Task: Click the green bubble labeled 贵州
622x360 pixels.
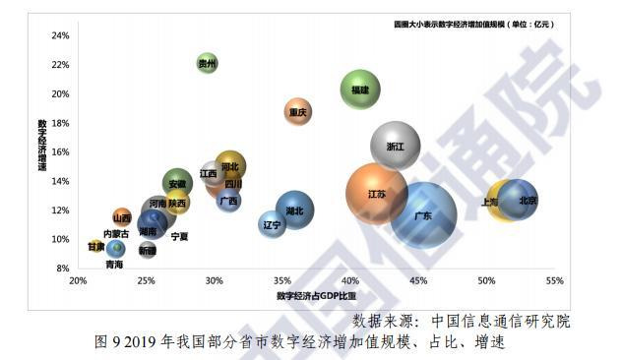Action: tap(207, 64)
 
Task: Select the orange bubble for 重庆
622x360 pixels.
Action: tap(298, 112)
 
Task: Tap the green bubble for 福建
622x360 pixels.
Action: tap(360, 90)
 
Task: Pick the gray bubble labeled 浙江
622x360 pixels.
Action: tap(396, 146)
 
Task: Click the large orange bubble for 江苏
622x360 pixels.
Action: tap(376, 195)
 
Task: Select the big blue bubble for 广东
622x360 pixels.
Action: tap(423, 215)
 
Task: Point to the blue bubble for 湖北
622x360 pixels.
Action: tap(294, 210)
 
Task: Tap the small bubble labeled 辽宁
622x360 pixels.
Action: tap(273, 224)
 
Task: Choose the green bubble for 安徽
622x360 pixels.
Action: tap(177, 183)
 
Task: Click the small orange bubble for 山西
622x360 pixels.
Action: tap(122, 217)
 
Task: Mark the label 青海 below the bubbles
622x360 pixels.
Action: tap(114, 265)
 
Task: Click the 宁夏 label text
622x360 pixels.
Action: tap(179, 237)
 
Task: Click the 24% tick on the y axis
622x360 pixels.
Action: tap(60, 36)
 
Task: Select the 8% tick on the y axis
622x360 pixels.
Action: tap(62, 269)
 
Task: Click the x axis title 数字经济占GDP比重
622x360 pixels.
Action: tap(316, 295)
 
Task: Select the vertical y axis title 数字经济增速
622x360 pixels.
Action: tap(42, 147)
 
